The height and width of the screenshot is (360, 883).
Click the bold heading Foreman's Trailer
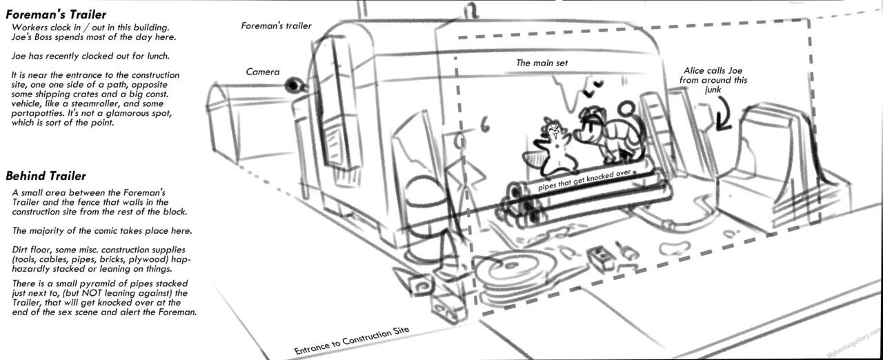point(56,15)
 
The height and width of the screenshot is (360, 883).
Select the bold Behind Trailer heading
point(46,176)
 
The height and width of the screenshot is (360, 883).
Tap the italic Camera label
point(263,72)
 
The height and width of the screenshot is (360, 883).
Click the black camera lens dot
point(293,85)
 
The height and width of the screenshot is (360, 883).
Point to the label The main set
point(542,63)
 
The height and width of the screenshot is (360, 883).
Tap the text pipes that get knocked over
point(585,180)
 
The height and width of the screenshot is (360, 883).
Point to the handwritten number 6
point(484,126)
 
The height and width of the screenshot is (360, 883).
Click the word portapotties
point(37,113)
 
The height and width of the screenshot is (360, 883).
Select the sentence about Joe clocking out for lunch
point(90,56)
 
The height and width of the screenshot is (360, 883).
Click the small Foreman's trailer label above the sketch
point(277,26)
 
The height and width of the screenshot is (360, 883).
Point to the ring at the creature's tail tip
point(626,108)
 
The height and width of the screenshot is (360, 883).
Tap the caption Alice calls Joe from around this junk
point(713,80)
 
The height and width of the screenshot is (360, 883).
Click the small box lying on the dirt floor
point(601,259)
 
